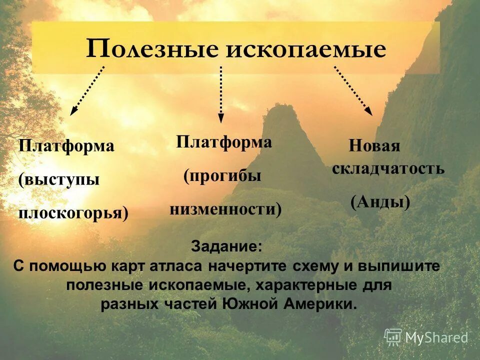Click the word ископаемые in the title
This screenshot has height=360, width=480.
305,50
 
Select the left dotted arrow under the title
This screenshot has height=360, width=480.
87,90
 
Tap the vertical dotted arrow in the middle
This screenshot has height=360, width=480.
220,93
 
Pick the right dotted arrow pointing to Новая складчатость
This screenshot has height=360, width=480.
353,90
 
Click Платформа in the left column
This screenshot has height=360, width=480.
66,146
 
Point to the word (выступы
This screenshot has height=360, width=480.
59,179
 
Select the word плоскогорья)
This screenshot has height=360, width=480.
73,213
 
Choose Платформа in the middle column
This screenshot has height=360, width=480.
224,142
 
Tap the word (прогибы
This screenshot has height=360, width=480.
222,176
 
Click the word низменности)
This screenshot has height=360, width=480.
225,209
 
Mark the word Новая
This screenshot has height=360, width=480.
374,146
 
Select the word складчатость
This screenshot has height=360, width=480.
388,168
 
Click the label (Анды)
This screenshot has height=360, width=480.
380,202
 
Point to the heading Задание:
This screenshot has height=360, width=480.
226,247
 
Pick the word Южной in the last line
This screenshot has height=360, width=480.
249,304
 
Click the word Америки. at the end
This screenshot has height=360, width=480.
321,304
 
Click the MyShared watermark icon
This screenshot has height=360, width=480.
393,337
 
